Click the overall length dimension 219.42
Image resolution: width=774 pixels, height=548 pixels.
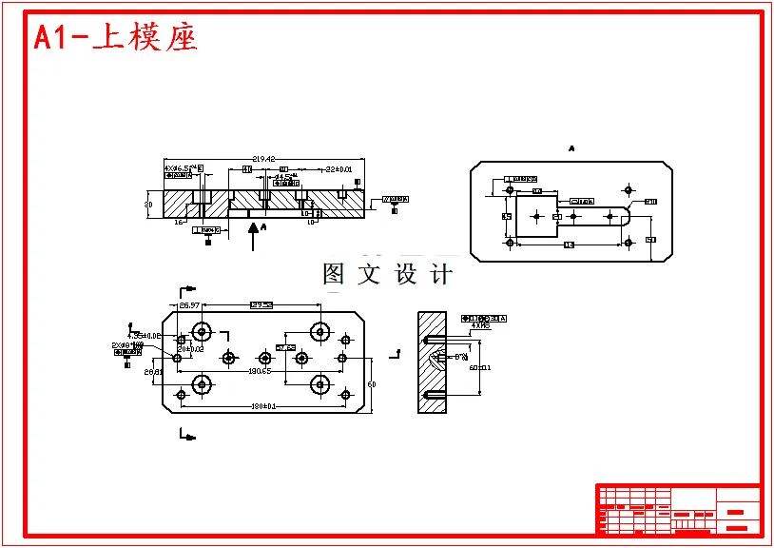click(263, 159)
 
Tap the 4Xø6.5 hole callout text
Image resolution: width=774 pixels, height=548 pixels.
click(183, 167)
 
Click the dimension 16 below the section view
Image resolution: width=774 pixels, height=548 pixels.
click(178, 222)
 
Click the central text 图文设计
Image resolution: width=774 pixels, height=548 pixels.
click(387, 275)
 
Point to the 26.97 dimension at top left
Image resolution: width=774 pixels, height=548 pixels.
click(189, 305)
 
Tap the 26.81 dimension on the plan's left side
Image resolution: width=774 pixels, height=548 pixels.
click(153, 373)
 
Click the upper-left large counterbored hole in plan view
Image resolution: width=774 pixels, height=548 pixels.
click(202, 332)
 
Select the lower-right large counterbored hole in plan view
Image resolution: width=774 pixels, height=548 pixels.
click(319, 384)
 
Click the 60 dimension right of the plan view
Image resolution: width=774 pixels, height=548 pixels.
click(372, 384)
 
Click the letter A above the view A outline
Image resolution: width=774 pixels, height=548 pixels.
click(571, 149)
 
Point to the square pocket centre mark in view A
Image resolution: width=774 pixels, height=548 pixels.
click(536, 217)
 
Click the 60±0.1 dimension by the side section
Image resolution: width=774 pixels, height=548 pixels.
click(480, 367)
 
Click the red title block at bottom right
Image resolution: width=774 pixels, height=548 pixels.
click(678, 509)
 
